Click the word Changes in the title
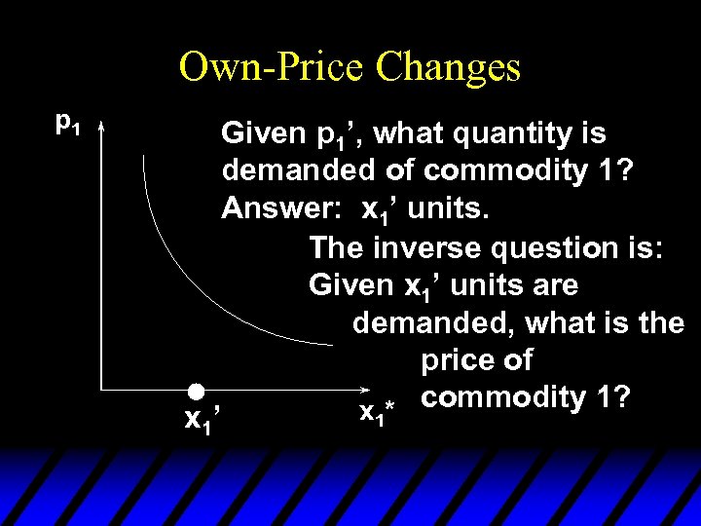click(x=448, y=68)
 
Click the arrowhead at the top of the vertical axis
click(x=101, y=125)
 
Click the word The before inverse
click(x=334, y=247)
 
